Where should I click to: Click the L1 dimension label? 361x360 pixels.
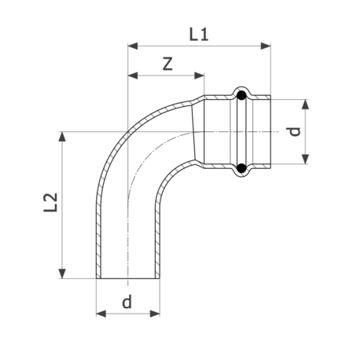[x=200, y=34]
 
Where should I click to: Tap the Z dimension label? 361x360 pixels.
[x=167, y=64]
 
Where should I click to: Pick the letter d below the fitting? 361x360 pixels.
[x=127, y=302]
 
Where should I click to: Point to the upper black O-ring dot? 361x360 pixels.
[x=241, y=97]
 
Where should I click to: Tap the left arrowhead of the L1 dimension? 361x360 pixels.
[x=131, y=46]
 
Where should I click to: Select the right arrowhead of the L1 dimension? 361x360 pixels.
[x=267, y=46]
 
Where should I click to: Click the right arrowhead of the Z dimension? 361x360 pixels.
[x=201, y=76]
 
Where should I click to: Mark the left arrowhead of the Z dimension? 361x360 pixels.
[x=131, y=76]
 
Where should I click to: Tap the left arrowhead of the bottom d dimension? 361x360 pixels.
[x=100, y=314]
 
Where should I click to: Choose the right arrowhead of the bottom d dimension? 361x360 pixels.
[x=158, y=314]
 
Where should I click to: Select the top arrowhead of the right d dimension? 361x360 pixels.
[x=304, y=103]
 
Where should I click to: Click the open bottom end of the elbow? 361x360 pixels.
[x=129, y=278]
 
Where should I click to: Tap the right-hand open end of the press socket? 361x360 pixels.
[x=271, y=131]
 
